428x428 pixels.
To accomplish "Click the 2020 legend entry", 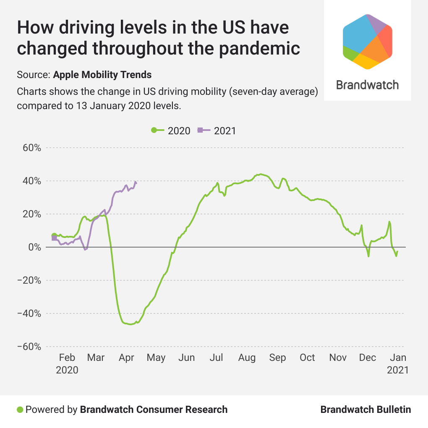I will coord(171,130).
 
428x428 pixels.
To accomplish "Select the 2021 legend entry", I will coord(217,130).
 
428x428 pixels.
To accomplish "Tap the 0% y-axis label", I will coord(34,247).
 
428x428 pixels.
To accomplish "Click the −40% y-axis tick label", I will coord(29,313).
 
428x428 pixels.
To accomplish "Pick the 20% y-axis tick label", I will coord(32,214).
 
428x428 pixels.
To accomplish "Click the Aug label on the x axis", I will coord(247,358).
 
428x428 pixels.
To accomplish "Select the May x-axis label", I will coord(157,358).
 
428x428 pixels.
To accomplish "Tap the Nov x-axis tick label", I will coord(338,358).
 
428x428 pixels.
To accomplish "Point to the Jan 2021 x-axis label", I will coord(397,363).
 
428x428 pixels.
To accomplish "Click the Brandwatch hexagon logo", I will coord(368,41).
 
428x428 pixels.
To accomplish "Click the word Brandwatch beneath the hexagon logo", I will coord(368,85).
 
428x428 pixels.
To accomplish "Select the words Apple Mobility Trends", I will coord(102,75).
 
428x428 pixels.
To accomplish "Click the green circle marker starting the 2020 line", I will coord(54,235).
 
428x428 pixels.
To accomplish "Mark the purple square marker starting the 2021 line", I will coord(54,238).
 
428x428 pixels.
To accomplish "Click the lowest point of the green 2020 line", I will coord(131,324).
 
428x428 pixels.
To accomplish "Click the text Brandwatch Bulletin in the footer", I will coord(365,410).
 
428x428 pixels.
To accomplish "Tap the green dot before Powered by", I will coord(19,410).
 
